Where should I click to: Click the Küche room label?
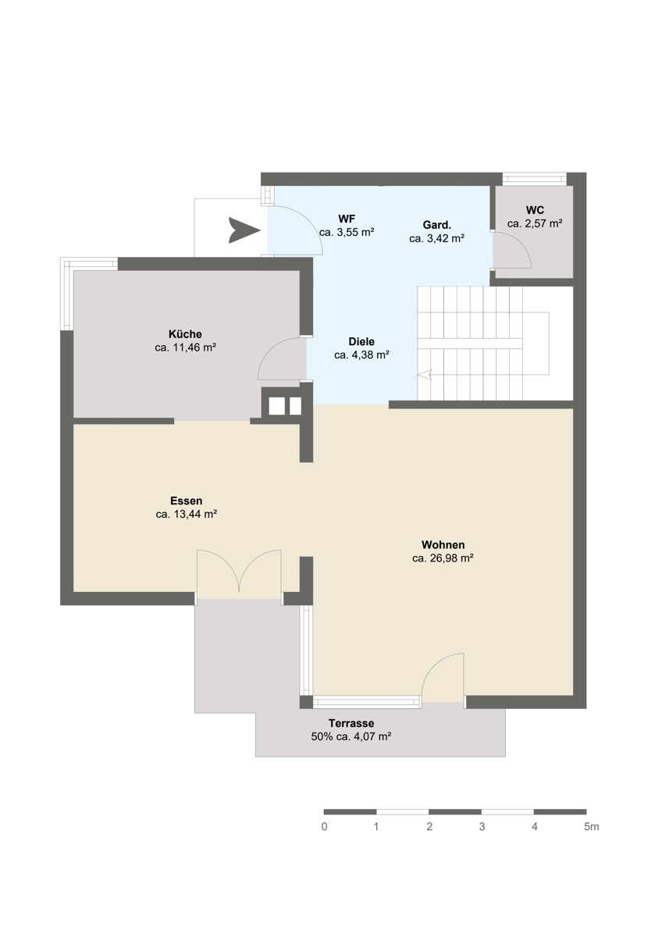point(185,334)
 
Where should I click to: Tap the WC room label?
point(535,210)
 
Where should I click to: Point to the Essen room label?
point(186,501)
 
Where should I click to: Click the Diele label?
point(361,341)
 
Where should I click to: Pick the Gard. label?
point(437,225)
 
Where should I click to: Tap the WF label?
point(347,219)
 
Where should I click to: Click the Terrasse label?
point(351,723)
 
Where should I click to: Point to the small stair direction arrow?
point(425,375)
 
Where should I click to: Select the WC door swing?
point(512,249)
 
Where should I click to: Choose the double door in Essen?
point(239,571)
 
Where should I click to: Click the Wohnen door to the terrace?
point(443,678)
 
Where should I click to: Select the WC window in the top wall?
point(534,179)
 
